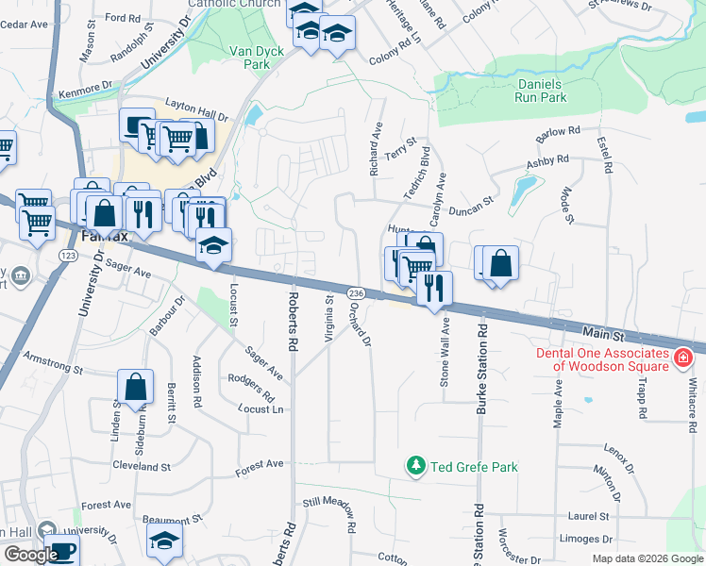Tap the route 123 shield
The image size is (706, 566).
pyautogui.click(x=67, y=256)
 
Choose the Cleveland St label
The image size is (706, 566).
pyautogui.click(x=141, y=466)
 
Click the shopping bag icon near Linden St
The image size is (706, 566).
pyautogui.click(x=135, y=385)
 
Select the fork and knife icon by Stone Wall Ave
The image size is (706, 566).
pyautogui.click(x=434, y=287)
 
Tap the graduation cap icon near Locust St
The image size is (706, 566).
pyautogui.click(x=214, y=245)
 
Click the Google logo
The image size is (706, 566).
pyautogui.click(x=31, y=555)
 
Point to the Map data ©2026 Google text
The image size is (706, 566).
pyautogui.click(x=648, y=558)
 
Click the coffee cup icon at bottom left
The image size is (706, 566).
pyautogui.click(x=62, y=551)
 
